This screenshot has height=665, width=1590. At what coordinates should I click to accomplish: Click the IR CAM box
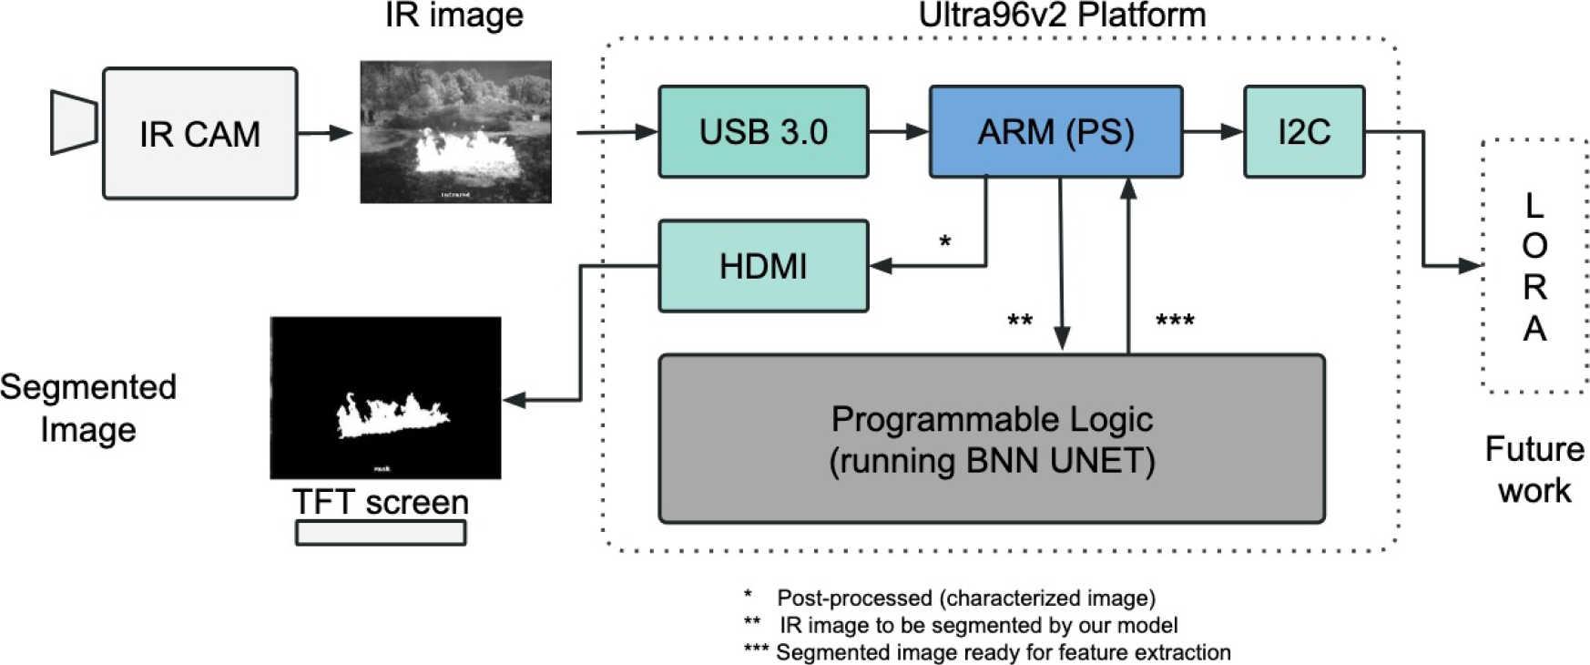coord(199,133)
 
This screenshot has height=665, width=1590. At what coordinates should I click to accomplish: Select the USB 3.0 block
coord(763,132)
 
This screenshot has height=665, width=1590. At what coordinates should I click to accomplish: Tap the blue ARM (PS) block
coord(1055,132)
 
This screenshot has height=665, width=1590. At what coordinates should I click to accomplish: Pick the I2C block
coord(1304,132)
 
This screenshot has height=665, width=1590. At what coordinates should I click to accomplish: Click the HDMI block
coord(763,266)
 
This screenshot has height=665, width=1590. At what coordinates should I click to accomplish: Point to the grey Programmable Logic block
coord(992,439)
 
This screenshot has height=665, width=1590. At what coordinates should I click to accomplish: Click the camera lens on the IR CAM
coord(73,122)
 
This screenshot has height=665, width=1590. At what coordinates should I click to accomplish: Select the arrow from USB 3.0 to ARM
coord(898,132)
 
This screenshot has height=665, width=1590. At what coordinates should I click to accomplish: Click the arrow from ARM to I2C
coord(1213,132)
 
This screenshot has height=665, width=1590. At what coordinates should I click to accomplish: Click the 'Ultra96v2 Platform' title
coord(1062,15)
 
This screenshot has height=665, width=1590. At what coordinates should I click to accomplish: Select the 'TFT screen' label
coord(381,502)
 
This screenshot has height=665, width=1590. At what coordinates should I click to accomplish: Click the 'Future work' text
coord(1534,469)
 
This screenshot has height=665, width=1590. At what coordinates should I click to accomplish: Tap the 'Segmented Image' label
coord(87,407)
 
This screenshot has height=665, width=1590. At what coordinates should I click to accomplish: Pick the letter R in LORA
coord(1534,287)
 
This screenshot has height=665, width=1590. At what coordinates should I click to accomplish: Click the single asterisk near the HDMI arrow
coord(945,242)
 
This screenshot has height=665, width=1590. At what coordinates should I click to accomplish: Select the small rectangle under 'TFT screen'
coord(381,533)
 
